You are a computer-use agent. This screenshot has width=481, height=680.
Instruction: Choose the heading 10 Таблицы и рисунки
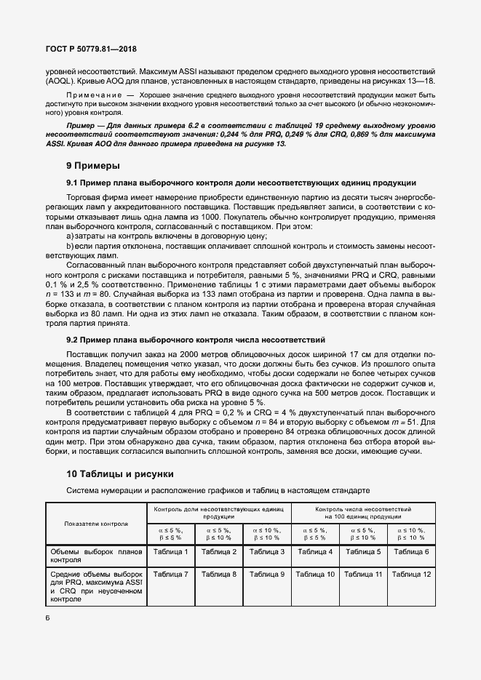coord(119,474)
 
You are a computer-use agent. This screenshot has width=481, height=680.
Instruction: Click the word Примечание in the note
coord(93,96)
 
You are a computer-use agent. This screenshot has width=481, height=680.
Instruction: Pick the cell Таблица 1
coord(171,552)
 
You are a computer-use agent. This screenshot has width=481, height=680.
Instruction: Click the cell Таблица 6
coord(411,552)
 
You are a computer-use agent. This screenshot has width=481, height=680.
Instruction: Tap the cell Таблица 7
coord(171,575)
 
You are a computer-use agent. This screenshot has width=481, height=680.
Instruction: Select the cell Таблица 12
coord(411,575)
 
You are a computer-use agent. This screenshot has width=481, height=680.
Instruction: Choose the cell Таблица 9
coord(267,575)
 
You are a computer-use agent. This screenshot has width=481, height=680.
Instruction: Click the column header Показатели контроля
coord(96,523)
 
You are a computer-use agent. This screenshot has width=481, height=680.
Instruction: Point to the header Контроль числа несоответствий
coord(363,510)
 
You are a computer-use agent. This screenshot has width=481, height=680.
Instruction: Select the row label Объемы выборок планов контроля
coord(96,556)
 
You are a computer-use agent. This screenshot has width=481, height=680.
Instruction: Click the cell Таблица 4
coord(315,552)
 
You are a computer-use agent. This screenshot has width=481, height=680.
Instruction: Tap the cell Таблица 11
coord(363,575)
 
